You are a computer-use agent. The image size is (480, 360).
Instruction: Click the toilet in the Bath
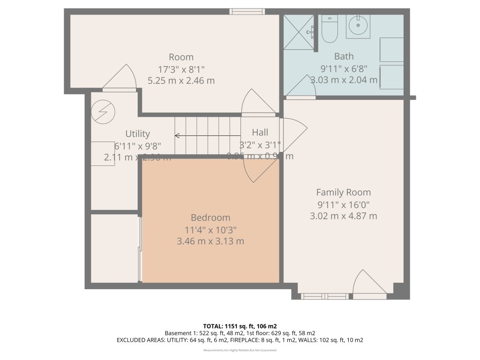pos(330,28)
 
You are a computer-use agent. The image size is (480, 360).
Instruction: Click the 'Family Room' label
pos(343,192)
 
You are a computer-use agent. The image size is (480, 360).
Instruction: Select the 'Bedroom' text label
pos(210,217)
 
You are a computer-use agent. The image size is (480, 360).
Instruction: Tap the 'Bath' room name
pos(344,56)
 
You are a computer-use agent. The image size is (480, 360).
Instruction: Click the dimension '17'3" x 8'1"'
pos(181,69)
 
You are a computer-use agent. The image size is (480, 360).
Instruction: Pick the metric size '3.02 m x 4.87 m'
pos(343,216)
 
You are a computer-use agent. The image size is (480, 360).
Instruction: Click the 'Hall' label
pos(260,132)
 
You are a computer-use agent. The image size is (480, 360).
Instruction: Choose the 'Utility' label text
pos(137,134)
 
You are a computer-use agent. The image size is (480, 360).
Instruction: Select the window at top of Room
pos(247,11)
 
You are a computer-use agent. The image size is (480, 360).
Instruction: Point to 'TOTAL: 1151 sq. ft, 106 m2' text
pos(240,326)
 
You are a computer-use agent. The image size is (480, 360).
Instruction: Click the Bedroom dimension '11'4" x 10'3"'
pos(210,230)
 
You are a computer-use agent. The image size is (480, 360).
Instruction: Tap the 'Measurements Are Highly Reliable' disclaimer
pos(240,350)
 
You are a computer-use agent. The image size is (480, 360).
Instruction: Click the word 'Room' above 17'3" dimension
pos(181,57)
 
